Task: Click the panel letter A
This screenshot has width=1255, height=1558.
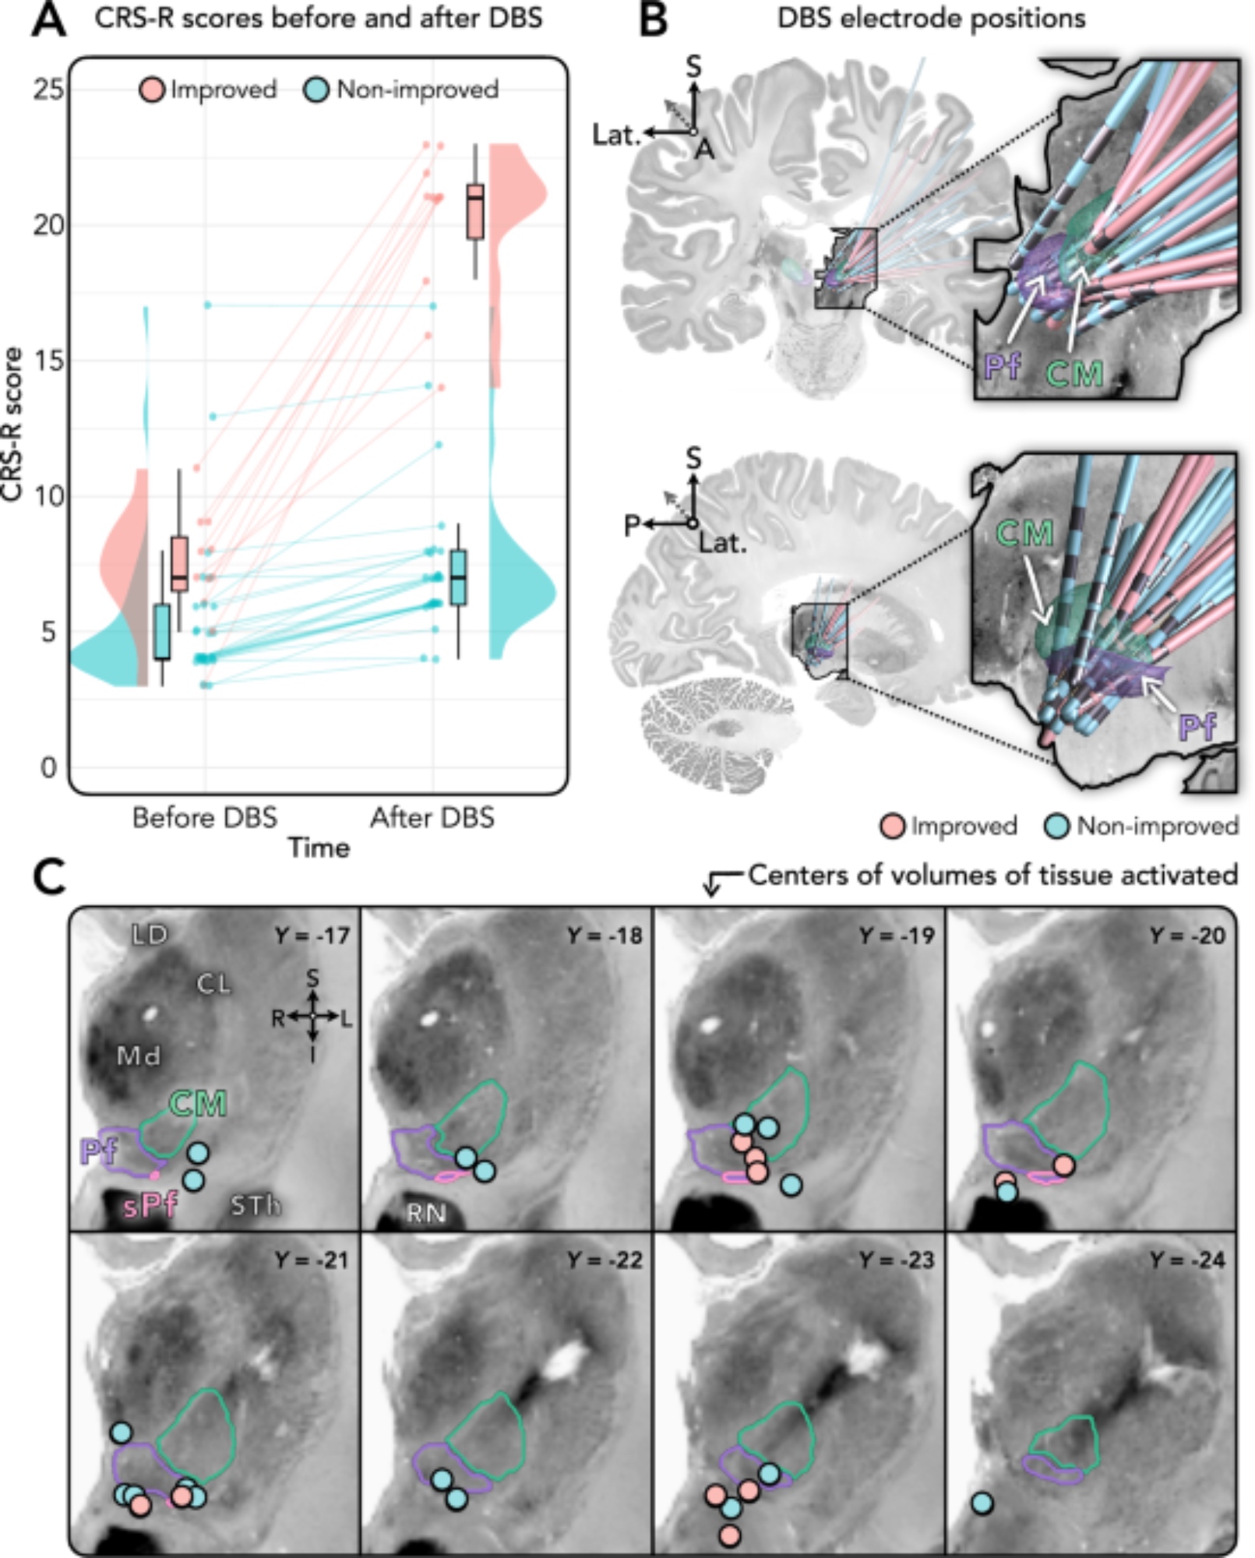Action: pos(48,19)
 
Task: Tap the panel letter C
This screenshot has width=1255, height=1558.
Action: pos(49,878)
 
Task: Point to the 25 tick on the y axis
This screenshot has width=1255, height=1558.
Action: pos(48,90)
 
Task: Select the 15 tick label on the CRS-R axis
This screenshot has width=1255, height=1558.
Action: pos(48,360)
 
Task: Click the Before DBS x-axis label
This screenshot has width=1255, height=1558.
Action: pos(204,818)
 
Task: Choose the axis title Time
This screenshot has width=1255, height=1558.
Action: pos(319,848)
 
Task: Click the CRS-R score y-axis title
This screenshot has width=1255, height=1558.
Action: pos(12,425)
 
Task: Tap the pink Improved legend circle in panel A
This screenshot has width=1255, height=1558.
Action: pos(152,90)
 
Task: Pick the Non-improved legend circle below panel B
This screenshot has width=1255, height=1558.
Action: pos(1057,826)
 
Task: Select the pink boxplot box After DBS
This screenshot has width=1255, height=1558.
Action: pos(474,211)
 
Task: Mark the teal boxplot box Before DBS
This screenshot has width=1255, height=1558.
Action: pos(162,631)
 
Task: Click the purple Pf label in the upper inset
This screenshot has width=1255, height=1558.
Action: pos(1003,366)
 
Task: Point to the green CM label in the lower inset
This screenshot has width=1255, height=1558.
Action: pos(1025,534)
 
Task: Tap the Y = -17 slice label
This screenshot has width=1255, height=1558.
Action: pos(312,935)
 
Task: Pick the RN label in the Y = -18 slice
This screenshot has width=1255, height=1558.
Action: pos(425,1213)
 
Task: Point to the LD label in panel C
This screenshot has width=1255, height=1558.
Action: pos(150,934)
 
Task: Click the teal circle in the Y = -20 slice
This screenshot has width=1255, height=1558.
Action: pos(1007,1191)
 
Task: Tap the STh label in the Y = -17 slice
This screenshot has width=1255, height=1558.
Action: pos(255,1206)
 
